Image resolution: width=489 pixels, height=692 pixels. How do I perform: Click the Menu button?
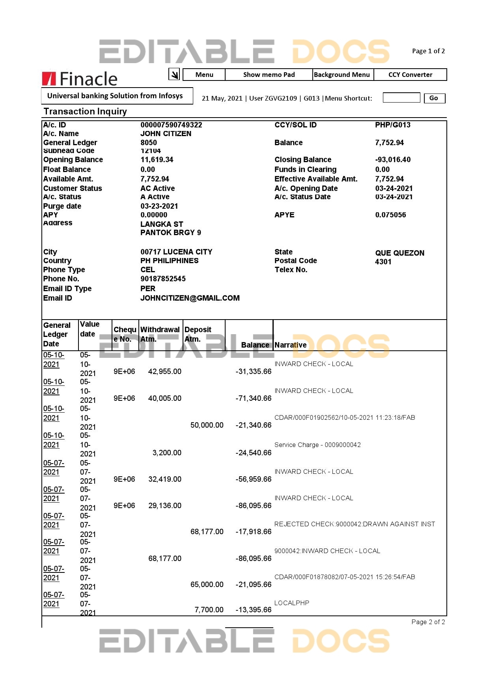tap(204, 75)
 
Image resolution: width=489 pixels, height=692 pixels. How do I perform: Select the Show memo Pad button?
tap(269, 75)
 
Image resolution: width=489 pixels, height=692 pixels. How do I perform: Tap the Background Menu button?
tap(342, 75)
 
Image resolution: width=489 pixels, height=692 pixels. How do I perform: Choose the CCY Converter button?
tap(410, 75)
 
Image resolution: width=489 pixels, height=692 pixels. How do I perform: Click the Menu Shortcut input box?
tap(401, 98)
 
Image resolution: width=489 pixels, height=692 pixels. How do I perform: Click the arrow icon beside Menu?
tap(174, 74)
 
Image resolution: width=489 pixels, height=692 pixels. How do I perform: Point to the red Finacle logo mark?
tap(49, 79)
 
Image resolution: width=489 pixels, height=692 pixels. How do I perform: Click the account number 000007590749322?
tap(171, 125)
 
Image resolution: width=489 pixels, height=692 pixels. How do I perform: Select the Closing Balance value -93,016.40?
tap(392, 160)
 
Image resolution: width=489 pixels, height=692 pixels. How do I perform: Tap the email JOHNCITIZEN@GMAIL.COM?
tap(190, 298)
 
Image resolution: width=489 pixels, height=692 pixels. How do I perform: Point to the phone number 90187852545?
tap(163, 279)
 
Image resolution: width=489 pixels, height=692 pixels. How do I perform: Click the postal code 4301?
tap(383, 262)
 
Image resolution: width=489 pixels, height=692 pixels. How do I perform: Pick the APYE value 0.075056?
tap(390, 215)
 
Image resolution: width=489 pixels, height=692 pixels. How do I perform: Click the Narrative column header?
tap(290, 345)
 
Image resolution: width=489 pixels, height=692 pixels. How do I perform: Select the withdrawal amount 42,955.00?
tap(164, 372)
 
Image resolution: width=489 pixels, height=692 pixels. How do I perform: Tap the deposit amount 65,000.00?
tap(207, 585)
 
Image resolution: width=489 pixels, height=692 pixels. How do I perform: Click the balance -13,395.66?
tap(253, 610)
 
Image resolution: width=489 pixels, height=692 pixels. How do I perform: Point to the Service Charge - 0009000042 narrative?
tap(317, 445)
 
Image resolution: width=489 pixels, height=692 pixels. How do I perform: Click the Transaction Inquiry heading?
tap(85, 112)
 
